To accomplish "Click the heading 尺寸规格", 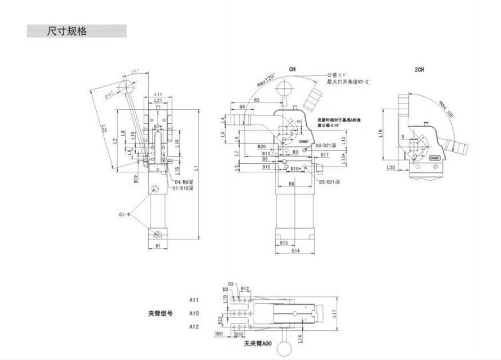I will point(67,31).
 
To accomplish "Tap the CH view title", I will point(293,69).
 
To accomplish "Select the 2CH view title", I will point(420,69).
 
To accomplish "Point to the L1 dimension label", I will point(196,168).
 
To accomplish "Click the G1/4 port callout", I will point(125,215).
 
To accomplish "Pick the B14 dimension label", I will point(295,251).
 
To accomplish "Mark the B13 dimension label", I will point(284,243).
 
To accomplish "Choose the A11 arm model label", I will point(194,299).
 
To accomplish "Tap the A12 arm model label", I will point(194,326).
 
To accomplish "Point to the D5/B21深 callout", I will point(329,182).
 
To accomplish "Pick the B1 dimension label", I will point(159,246).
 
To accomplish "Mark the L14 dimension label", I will point(299,338).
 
